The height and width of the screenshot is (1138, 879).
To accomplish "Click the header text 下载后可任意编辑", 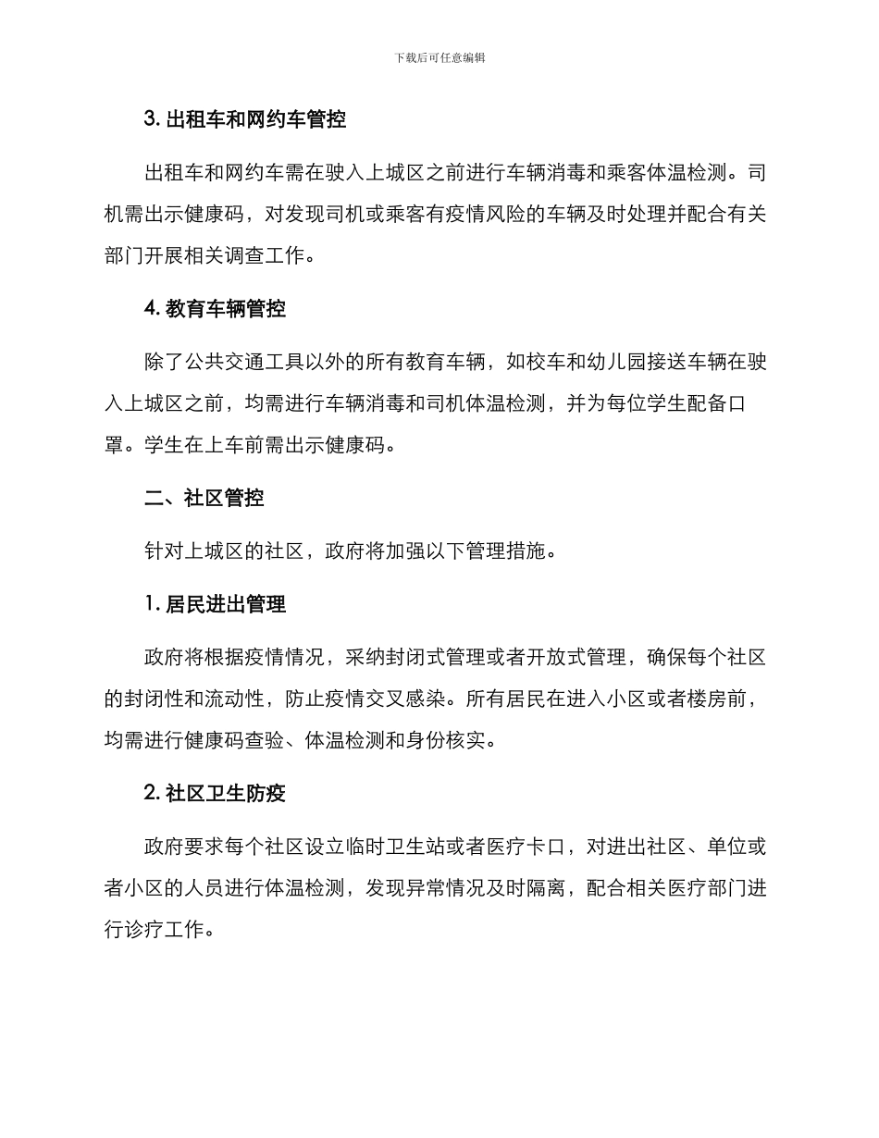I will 439,57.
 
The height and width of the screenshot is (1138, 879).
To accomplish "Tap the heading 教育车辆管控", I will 215,310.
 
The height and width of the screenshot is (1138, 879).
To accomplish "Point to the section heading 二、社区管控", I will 204,498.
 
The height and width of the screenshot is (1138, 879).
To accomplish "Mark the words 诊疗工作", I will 164,930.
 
